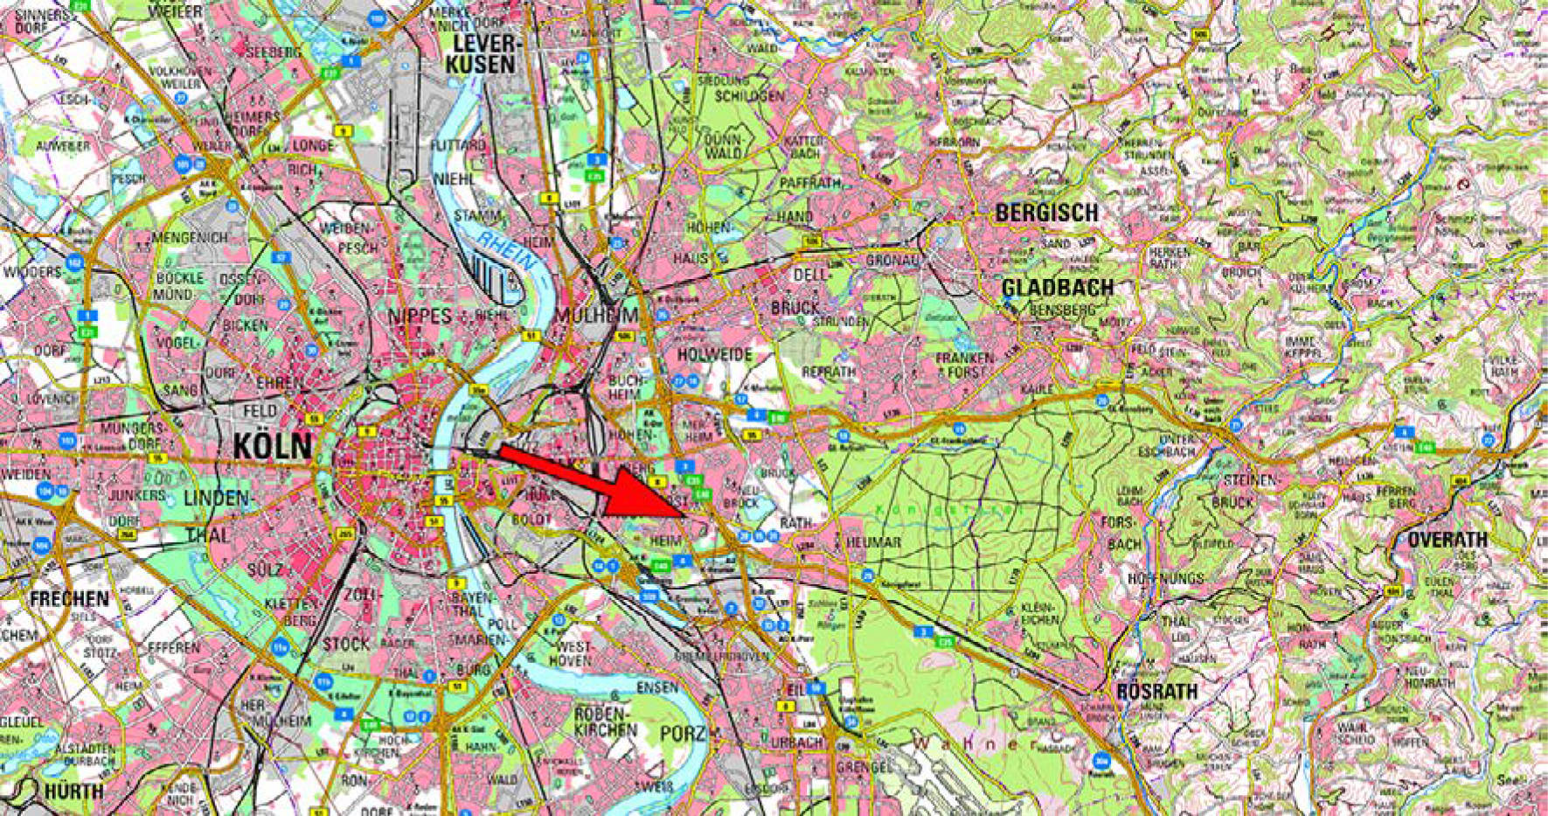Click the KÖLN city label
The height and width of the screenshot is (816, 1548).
pos(272,446)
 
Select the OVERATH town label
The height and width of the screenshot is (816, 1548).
pos(1447,541)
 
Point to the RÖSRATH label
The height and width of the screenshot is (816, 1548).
pos(1156,691)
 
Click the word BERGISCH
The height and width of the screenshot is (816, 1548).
pos(1046,213)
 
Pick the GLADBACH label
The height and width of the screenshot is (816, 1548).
pos(1057,288)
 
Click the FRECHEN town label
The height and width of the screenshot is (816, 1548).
pos(69,599)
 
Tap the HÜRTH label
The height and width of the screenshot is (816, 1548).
pos(74,792)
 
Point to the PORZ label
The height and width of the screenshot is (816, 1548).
pos(683,733)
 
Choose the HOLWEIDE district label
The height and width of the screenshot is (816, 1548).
pos(714,354)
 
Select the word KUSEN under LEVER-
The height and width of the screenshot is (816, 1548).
pos(480,64)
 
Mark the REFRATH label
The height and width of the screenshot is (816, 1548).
pos(829,372)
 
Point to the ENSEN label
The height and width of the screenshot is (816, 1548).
pos(656,688)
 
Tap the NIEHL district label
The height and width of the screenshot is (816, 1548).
pos(454,178)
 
